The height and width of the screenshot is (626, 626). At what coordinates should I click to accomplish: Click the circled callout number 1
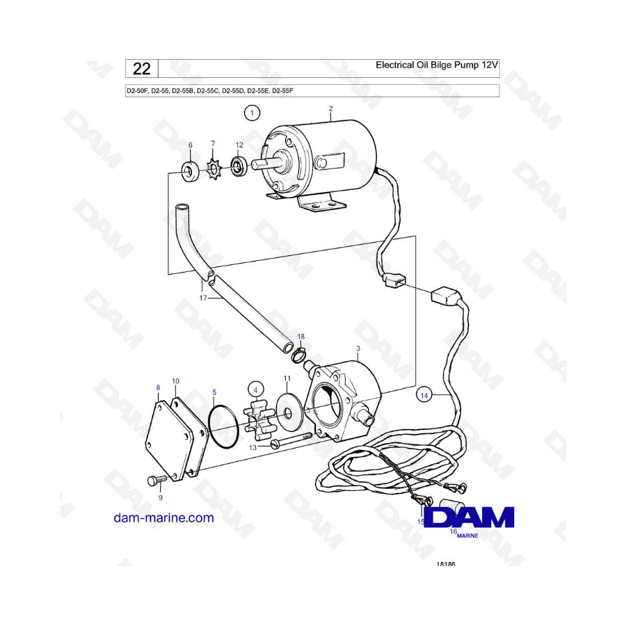point(252,113)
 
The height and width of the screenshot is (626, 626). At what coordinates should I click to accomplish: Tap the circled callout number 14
point(424,395)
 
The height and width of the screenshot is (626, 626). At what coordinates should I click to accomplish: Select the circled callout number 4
point(255,390)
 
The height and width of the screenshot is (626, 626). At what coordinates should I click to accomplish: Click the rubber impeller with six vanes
point(259,423)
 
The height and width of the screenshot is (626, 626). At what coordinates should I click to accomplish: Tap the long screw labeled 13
point(291,440)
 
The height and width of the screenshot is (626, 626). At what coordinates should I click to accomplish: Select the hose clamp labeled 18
point(298,354)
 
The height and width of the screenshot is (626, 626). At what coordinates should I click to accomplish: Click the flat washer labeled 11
point(287,411)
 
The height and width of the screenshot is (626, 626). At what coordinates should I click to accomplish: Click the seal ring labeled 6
point(190,170)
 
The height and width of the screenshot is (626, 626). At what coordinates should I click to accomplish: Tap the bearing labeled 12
point(239,167)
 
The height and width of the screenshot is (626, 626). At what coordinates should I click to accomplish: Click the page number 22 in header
point(142,69)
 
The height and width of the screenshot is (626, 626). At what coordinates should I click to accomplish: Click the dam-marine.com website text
point(163,517)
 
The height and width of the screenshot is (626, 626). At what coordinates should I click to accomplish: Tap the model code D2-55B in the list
point(183,90)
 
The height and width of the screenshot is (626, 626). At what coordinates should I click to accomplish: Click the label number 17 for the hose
point(203,298)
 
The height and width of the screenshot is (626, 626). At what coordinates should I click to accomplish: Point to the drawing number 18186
point(446,564)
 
